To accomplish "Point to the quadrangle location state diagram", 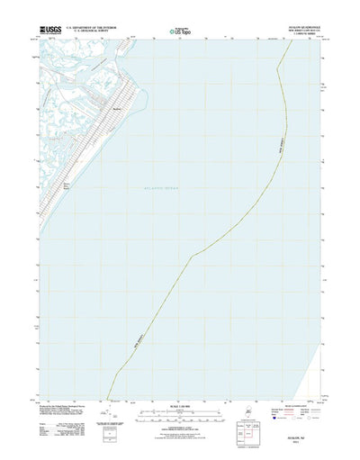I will pyautogui.click(x=245, y=413).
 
